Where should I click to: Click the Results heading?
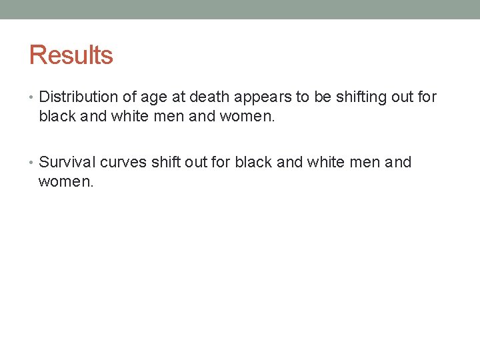(71, 55)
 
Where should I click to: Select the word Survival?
(67, 162)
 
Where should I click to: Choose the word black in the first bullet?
(58, 116)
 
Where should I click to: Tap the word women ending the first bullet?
(247, 117)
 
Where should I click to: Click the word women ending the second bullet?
(65, 181)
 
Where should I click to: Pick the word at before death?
(178, 97)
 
